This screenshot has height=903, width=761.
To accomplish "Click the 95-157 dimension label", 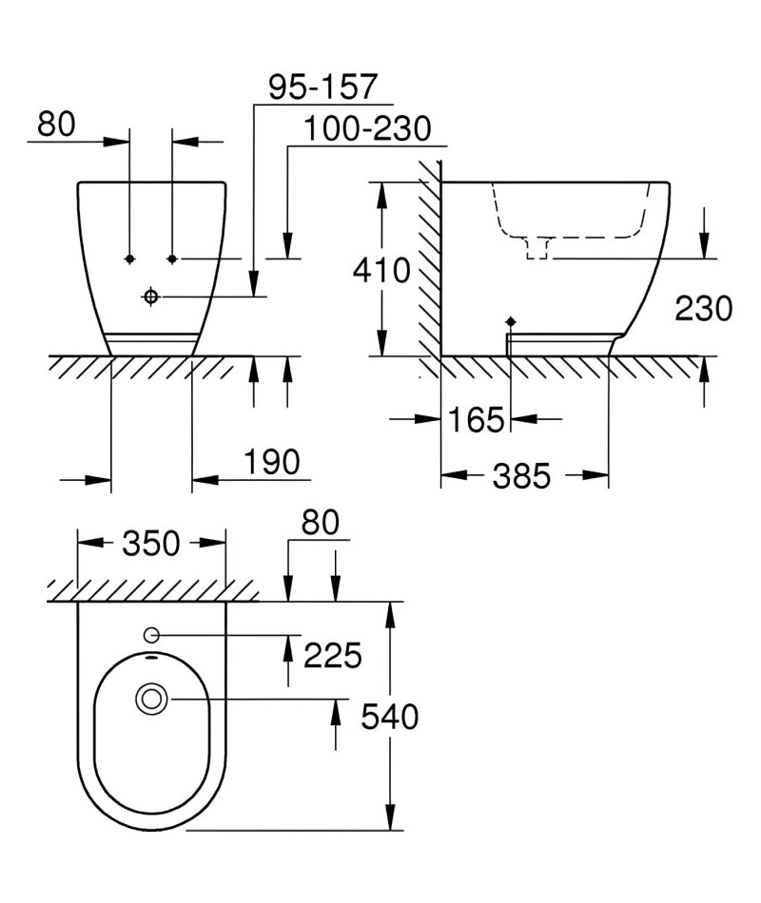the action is click(x=322, y=86).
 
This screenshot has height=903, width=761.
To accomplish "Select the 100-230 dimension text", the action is click(x=367, y=128).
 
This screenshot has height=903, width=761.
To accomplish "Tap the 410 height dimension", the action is click(x=381, y=270).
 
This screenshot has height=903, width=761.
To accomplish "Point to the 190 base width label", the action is click(x=272, y=461).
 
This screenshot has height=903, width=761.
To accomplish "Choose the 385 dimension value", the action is click(x=521, y=476).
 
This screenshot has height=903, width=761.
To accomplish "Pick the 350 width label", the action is click(x=151, y=543).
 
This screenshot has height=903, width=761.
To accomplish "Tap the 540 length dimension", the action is click(x=390, y=717).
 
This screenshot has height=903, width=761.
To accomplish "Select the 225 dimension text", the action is click(x=333, y=655).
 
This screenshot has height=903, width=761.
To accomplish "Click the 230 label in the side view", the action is click(x=703, y=308).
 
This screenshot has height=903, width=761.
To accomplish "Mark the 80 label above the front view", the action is click(x=56, y=124).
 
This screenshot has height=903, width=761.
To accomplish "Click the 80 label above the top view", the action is click(x=320, y=523).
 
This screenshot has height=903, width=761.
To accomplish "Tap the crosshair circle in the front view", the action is click(x=151, y=297).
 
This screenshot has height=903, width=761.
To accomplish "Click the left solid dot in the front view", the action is click(x=129, y=259).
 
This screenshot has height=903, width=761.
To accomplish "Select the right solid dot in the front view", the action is click(x=172, y=259).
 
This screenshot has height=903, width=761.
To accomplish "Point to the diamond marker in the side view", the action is click(x=510, y=320).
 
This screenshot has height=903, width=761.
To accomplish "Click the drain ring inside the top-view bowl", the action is click(x=151, y=700).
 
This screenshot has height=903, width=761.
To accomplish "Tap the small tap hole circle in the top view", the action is click(x=151, y=634).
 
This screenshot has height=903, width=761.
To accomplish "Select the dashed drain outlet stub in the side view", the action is click(x=537, y=248).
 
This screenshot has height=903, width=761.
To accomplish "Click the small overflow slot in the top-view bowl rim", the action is click(x=151, y=656).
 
